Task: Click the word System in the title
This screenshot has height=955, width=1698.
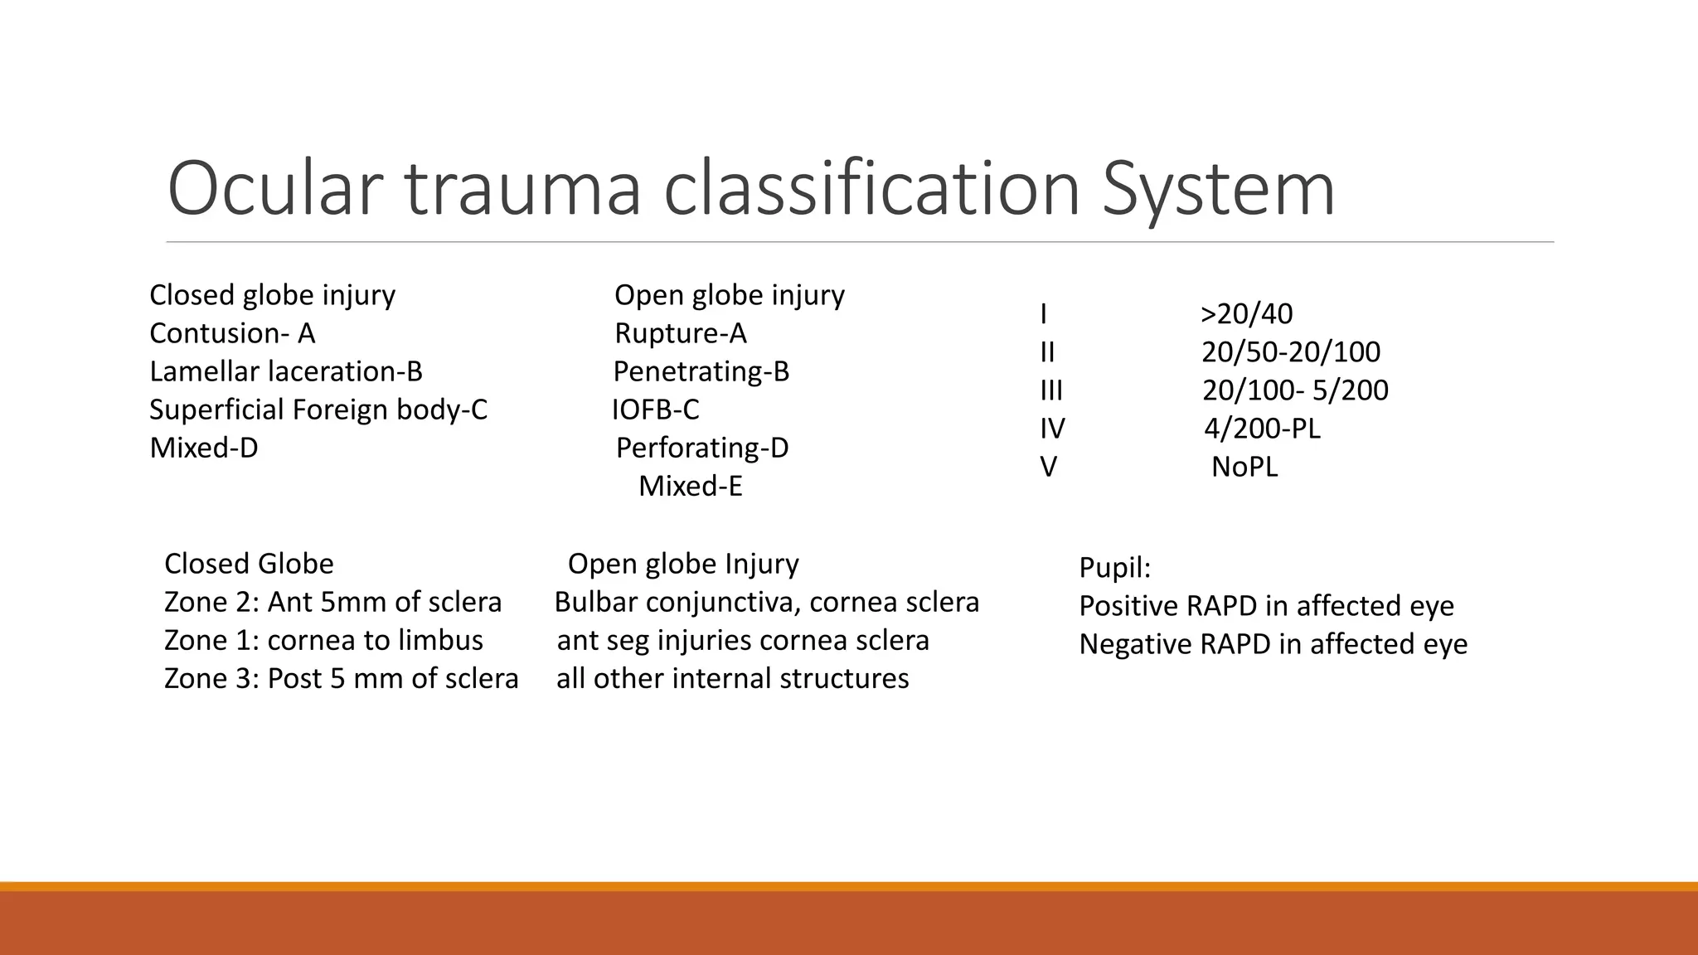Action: pyautogui.click(x=1218, y=189)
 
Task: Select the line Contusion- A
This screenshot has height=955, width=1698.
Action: pyautogui.click(x=232, y=333)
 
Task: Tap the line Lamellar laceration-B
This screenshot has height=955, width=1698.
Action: pyautogui.click(x=286, y=371)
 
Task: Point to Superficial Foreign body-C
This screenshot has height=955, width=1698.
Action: pyautogui.click(x=318, y=410)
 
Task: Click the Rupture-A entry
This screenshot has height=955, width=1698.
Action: pyautogui.click(x=680, y=333)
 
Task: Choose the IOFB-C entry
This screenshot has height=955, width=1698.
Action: pyautogui.click(x=655, y=410)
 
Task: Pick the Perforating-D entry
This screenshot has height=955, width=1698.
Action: pyautogui.click(x=701, y=448)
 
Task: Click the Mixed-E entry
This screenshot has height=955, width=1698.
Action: pyautogui.click(x=690, y=486)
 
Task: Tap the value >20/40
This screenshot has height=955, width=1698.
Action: pyautogui.click(x=1246, y=314)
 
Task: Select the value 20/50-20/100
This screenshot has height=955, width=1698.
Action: pyautogui.click(x=1290, y=352)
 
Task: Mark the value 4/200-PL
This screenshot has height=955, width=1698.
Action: pyautogui.click(x=1261, y=429)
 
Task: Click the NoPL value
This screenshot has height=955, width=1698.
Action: pyautogui.click(x=1244, y=467)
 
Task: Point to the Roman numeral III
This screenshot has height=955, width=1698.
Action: pyautogui.click(x=1050, y=390)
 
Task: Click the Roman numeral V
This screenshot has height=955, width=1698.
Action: pyautogui.click(x=1048, y=467)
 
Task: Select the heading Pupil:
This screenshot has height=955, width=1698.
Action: pyautogui.click(x=1114, y=568)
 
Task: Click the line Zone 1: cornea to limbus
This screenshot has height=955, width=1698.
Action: pyautogui.click(x=323, y=640)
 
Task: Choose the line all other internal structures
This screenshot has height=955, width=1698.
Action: pyautogui.click(x=732, y=678)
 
